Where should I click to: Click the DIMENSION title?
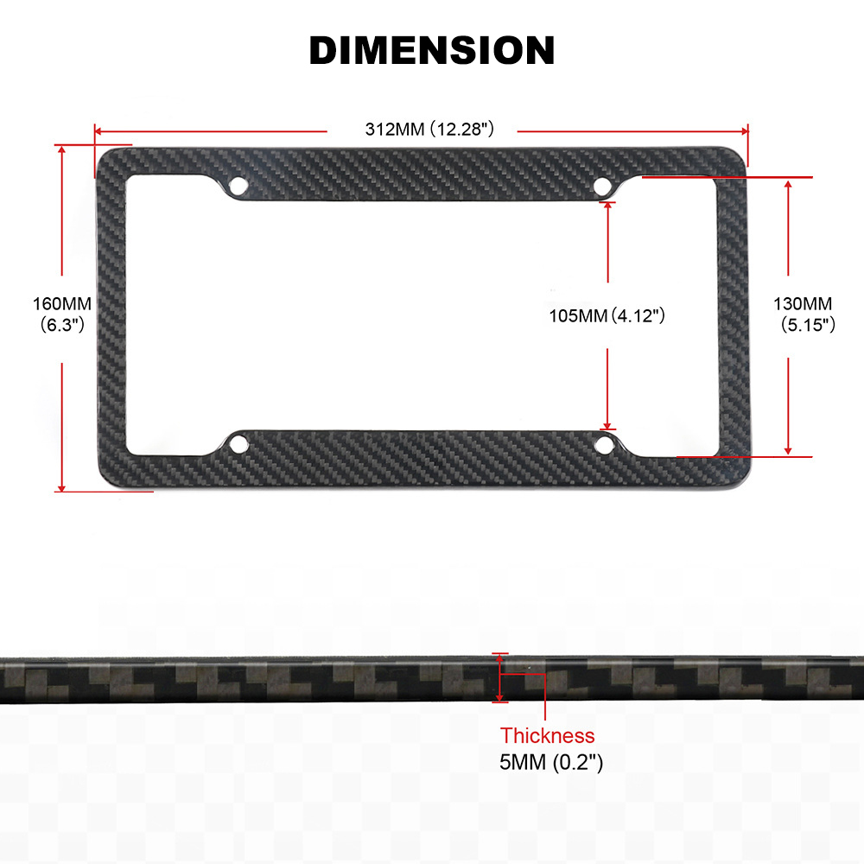coord(432,50)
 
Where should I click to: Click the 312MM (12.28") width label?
coord(429,130)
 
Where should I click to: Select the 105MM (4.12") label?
coord(607,315)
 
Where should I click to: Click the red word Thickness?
coord(547,735)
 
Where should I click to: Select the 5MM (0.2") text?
coord(551,763)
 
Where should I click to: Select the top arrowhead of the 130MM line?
coord(788,183)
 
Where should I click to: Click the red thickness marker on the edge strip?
coord(500,677)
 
